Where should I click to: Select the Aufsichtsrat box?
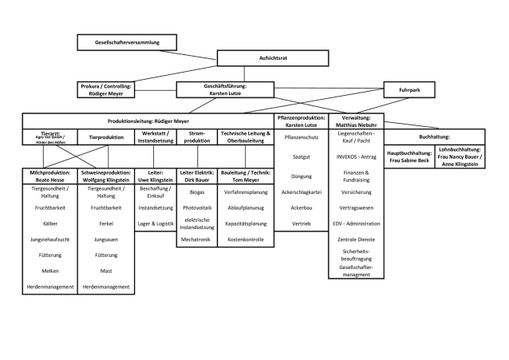[x=273, y=58]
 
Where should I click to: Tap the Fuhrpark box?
[x=414, y=90]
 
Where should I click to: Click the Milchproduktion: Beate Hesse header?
[x=50, y=176]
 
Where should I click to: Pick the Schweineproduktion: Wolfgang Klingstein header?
[x=105, y=176]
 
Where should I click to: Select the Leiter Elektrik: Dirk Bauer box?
[x=196, y=176]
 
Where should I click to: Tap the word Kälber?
[x=50, y=224]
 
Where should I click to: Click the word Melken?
[x=50, y=271]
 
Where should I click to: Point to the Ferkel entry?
[x=105, y=224]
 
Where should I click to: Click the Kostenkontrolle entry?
[x=246, y=239]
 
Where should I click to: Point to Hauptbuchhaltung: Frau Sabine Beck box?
[x=408, y=156]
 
